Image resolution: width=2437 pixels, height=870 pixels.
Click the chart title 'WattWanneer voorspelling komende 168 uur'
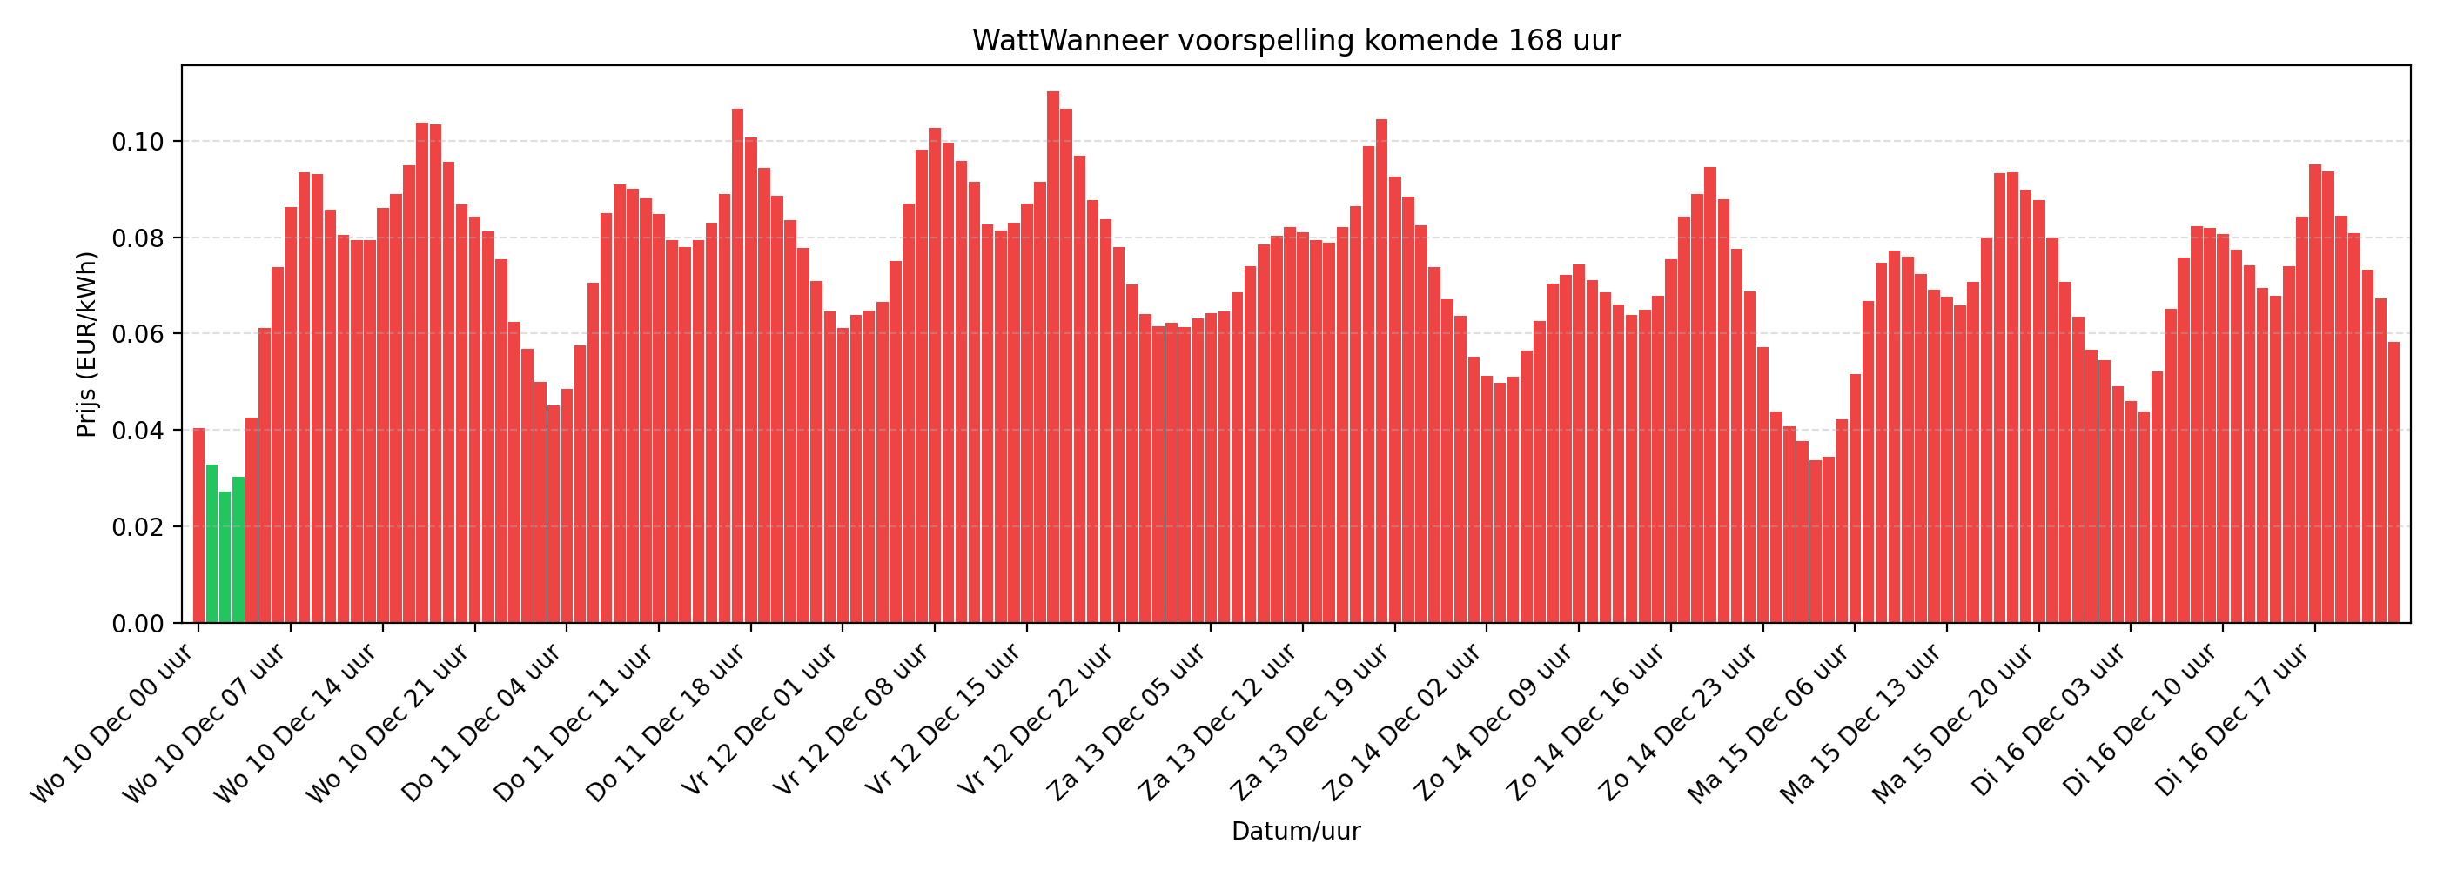pyautogui.click(x=1296, y=41)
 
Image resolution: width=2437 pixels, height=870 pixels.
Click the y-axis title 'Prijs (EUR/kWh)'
pyautogui.click(x=87, y=345)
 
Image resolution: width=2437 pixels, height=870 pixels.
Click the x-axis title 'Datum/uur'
pyautogui.click(x=1295, y=831)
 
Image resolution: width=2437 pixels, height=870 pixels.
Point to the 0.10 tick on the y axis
pyautogui.click(x=138, y=142)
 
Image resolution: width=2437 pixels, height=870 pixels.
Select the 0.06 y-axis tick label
pyautogui.click(x=138, y=334)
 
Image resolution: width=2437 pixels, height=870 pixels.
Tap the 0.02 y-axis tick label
pyautogui.click(x=138, y=526)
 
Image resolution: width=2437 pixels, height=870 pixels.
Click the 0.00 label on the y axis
pyautogui.click(x=138, y=623)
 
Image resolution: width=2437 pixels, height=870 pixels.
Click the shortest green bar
pyautogui.click(x=225, y=557)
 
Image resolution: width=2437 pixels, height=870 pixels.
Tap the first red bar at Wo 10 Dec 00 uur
pyautogui.click(x=198, y=525)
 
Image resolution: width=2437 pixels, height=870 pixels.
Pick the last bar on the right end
pyautogui.click(x=2393, y=482)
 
